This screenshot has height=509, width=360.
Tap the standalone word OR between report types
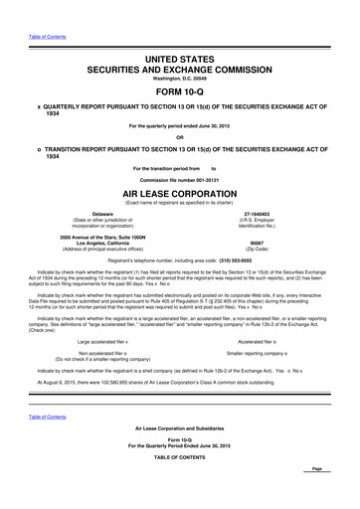180,138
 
